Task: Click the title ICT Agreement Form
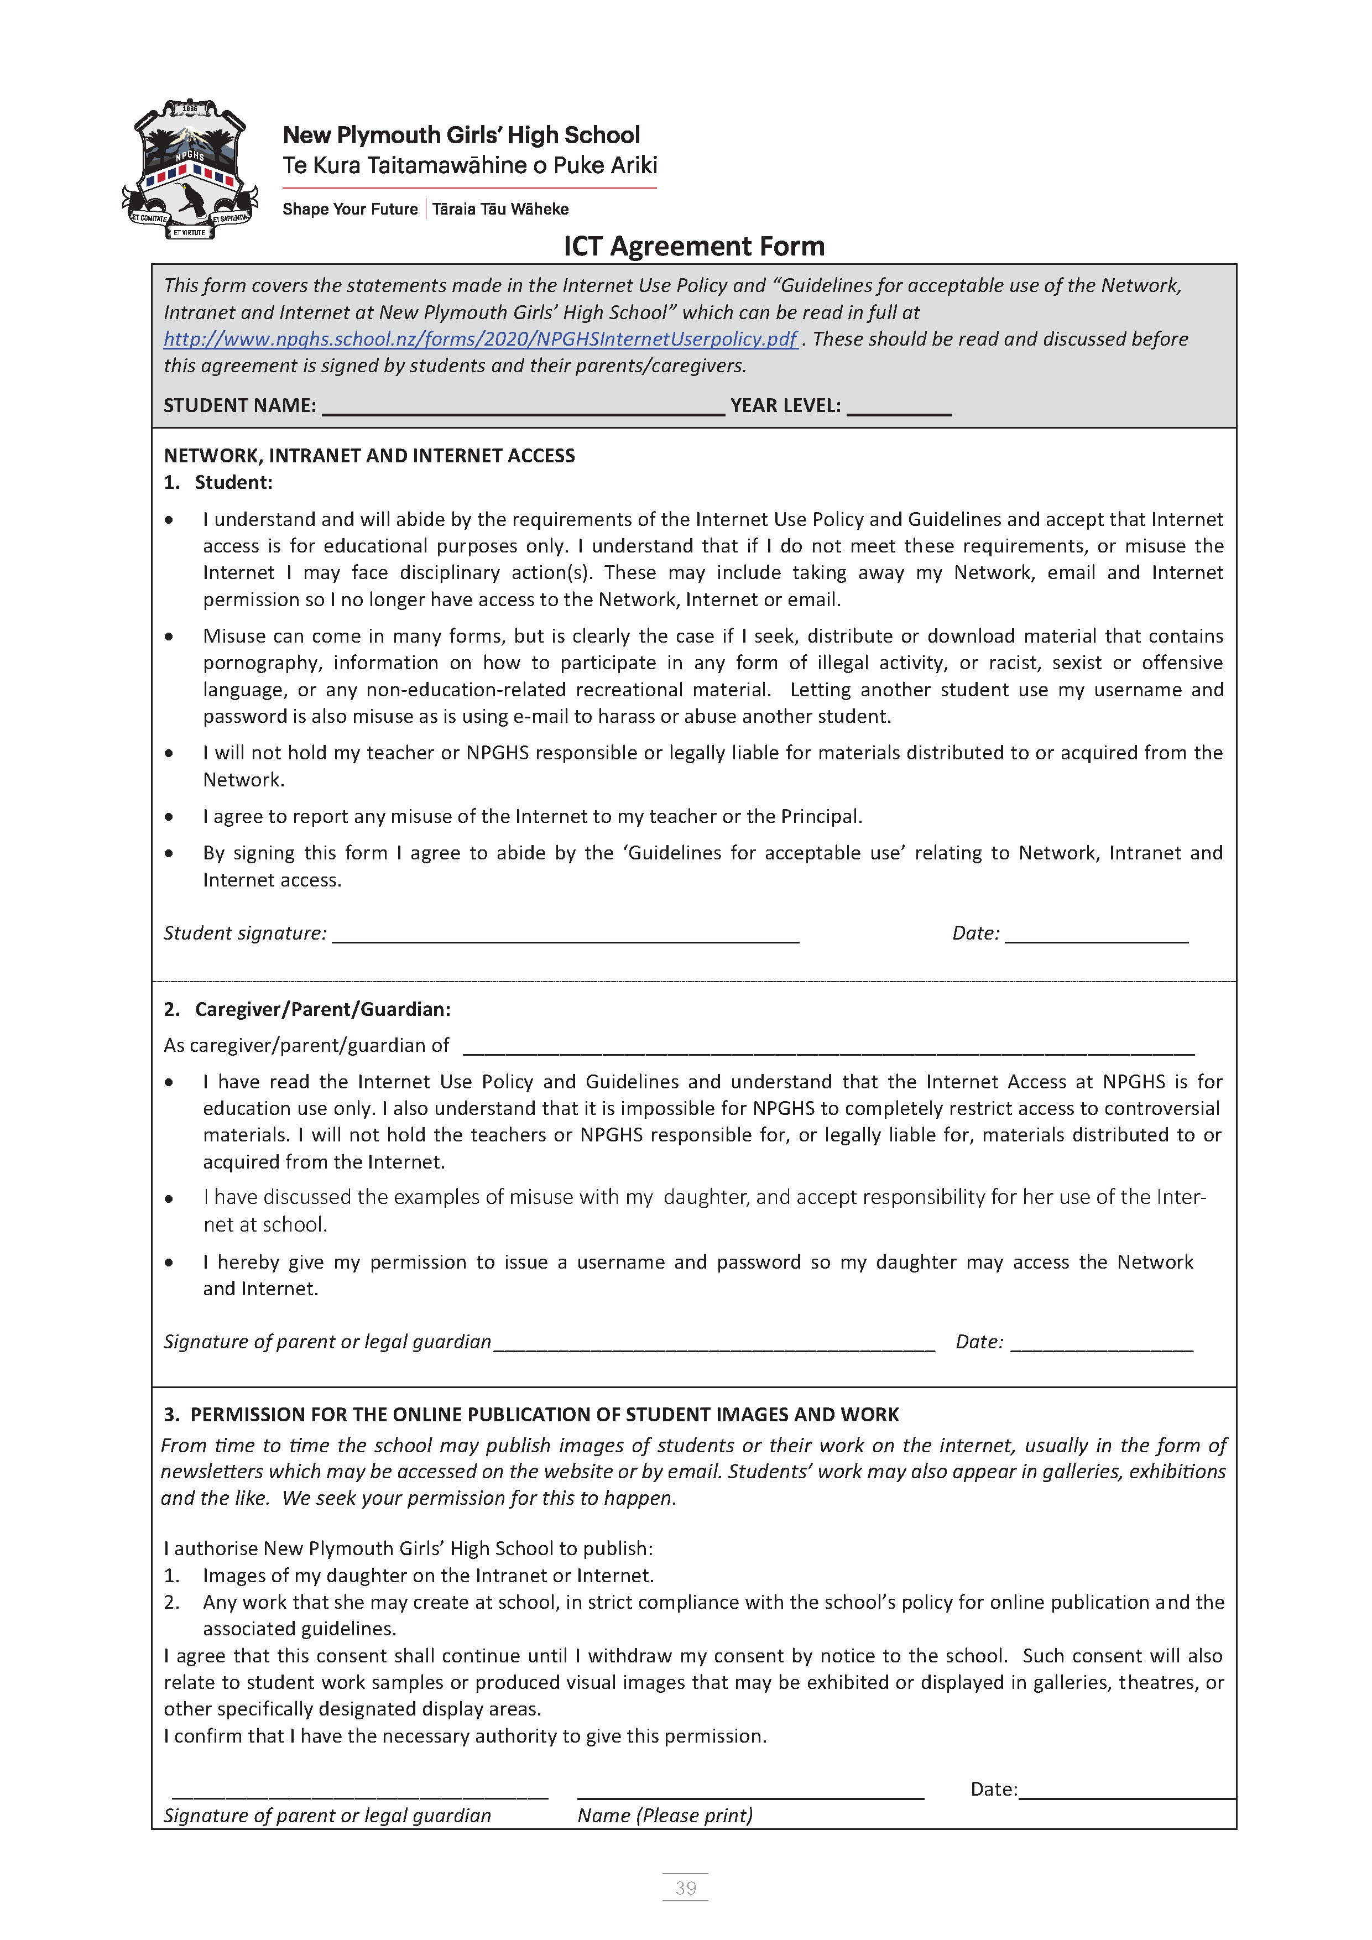point(693,246)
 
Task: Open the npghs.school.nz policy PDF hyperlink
point(480,339)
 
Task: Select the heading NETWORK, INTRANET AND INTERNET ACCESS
point(369,456)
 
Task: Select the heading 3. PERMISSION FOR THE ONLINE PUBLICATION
point(530,1415)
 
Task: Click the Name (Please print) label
point(665,1816)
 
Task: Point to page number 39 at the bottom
point(685,1887)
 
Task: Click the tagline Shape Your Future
point(349,208)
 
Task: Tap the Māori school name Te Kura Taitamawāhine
point(469,165)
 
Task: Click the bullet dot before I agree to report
point(170,817)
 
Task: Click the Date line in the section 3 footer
point(1126,1792)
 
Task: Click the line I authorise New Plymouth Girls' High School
point(408,1548)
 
